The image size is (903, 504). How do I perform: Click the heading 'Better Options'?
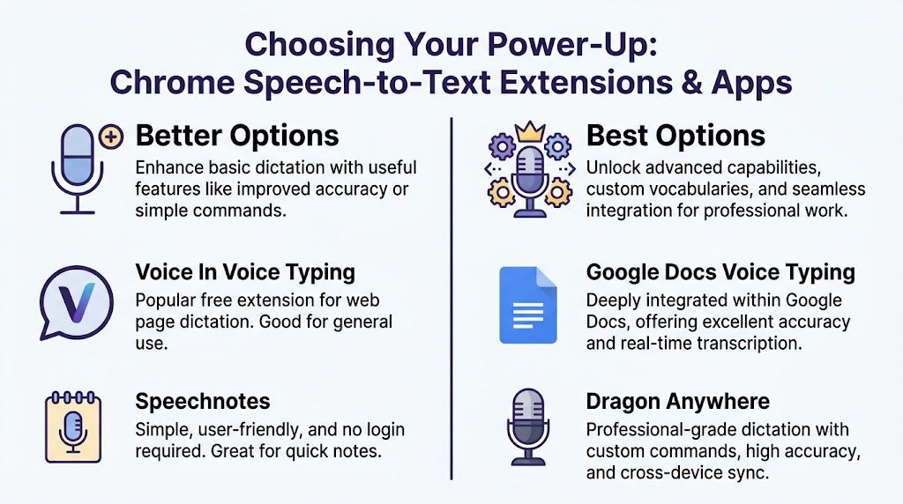point(236,136)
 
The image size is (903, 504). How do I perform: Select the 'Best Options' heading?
point(675,136)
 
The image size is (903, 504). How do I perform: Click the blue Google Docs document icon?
point(528,304)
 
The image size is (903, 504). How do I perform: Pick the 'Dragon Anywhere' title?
point(677,402)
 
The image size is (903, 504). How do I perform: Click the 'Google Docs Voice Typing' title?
point(720,271)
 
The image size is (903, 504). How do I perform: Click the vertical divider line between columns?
point(451,300)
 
